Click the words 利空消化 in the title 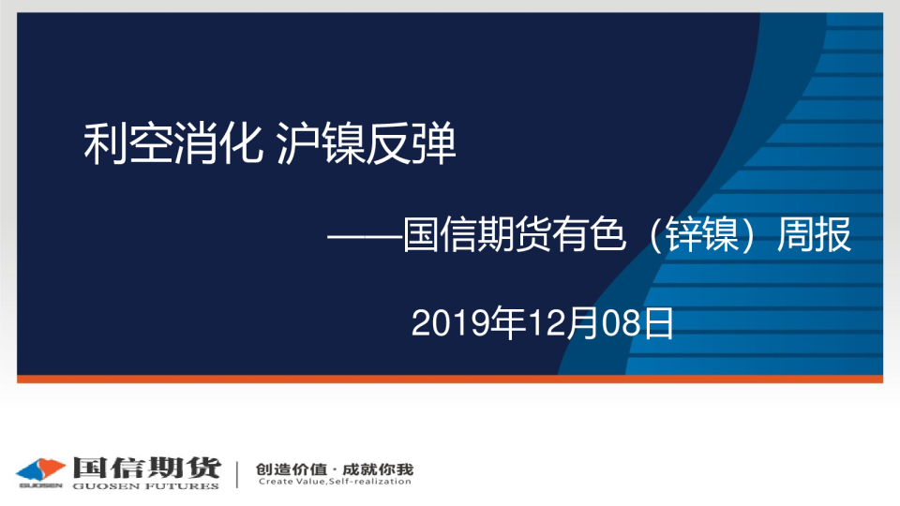[x=173, y=143]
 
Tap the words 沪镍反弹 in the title [x=366, y=143]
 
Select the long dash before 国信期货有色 [x=365, y=235]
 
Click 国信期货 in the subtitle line [x=477, y=234]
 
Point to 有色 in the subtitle [x=589, y=234]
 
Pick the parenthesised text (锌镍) [x=701, y=234]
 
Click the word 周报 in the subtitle [x=814, y=234]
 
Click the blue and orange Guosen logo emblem [x=40, y=469]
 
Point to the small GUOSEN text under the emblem [x=40, y=485]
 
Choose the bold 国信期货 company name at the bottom [x=146, y=468]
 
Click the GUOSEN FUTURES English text [x=146, y=486]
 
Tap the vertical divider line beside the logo [x=237, y=474]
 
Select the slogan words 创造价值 [x=291, y=469]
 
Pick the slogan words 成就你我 [x=378, y=469]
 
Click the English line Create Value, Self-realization [x=335, y=482]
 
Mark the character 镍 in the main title [x=343, y=143]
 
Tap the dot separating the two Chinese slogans [x=335, y=469]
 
